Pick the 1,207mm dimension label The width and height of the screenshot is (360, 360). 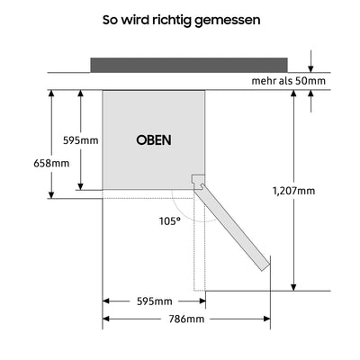coord(294,190)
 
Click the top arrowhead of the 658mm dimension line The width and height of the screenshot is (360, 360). coord(51,94)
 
